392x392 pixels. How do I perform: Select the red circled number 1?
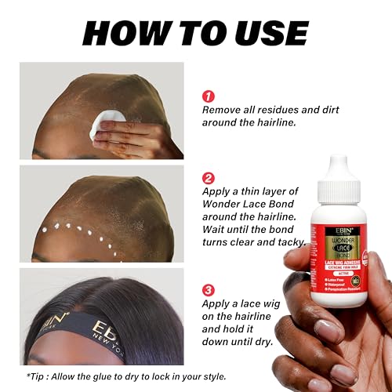click(209, 96)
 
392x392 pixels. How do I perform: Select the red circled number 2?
click(209, 177)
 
